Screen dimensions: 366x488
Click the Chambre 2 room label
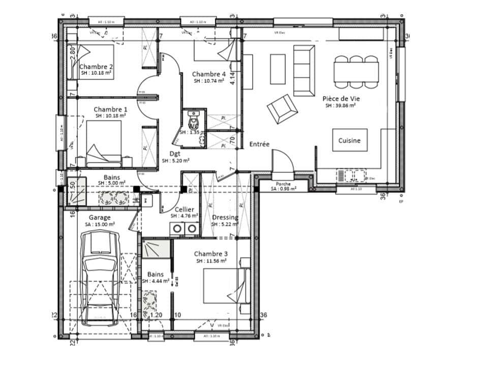coord(96,67)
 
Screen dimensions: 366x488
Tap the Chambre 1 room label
coord(110,109)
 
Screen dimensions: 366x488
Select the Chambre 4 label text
coord(208,74)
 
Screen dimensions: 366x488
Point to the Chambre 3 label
coord(210,254)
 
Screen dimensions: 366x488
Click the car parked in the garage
coord(101,277)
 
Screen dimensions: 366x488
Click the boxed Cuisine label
coord(350,141)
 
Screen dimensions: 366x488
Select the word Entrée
coord(259,144)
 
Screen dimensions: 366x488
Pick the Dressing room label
coord(225,217)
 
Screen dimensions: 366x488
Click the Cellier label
coord(184,209)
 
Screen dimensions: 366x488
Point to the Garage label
coord(100,217)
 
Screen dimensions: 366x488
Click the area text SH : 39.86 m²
coord(340,106)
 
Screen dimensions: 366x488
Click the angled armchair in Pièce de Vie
coord(280,108)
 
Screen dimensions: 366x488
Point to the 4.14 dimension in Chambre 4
coord(232,79)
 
